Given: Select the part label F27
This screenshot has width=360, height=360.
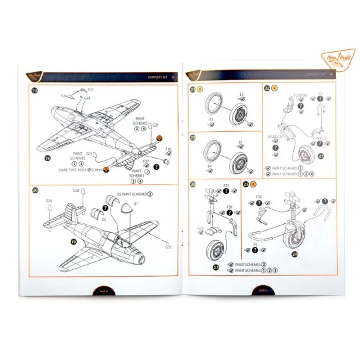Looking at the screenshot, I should coord(91,89).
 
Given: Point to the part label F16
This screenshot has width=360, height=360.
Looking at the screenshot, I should coord(168,149).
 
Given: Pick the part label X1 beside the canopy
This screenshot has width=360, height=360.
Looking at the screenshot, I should coord(137,203).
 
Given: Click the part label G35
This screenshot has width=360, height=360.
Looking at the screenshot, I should coord(169,247).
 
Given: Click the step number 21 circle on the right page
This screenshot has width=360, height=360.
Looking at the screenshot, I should coord(193,89).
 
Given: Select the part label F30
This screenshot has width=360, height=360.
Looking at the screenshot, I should coord(259,198).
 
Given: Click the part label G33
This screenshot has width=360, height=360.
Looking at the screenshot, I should coord(200,227).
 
